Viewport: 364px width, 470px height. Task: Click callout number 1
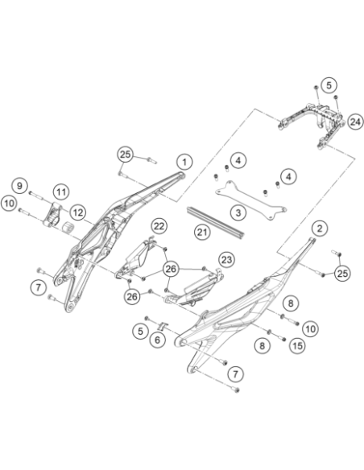pos(184,162)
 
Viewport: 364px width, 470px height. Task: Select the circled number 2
pos(320,229)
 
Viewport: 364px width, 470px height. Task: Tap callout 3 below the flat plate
pos(238,212)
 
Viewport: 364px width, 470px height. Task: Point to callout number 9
pos(20,186)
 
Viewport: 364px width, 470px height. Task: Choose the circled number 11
pos(61,192)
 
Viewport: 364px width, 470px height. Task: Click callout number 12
pos(78,212)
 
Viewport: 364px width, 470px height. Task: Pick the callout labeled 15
pos(297,346)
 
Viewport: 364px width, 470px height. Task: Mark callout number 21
pos(202,232)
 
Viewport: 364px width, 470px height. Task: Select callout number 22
pos(159,225)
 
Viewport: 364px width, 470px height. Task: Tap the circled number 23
pos(226,259)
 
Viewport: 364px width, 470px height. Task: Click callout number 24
pos(355,122)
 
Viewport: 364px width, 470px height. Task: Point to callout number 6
pos(157,340)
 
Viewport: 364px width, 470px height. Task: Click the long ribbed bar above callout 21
pos(215,222)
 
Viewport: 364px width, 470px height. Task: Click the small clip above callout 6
pos(163,326)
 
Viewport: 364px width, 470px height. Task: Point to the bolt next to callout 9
pos(36,196)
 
